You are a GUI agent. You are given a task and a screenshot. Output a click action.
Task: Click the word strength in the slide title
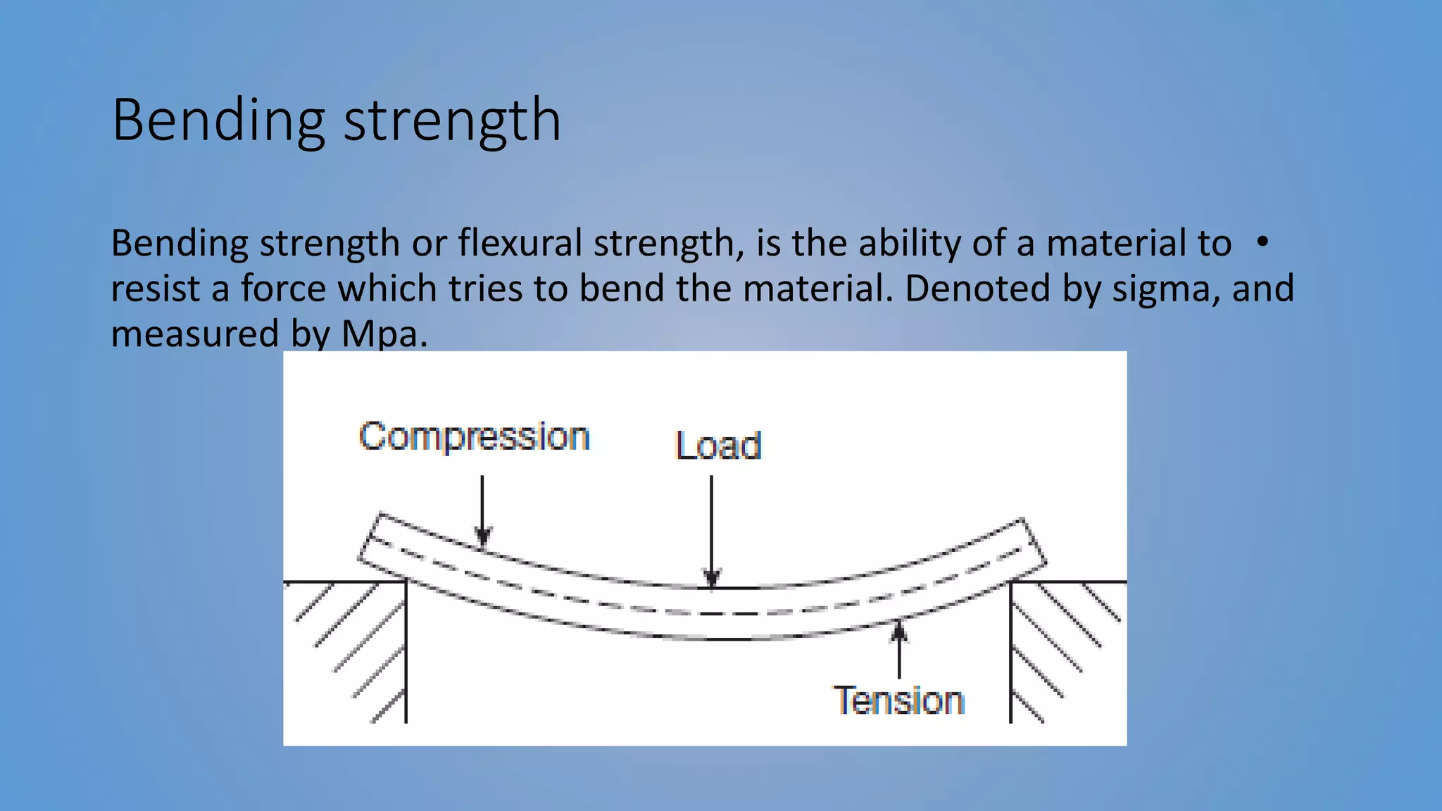click(452, 121)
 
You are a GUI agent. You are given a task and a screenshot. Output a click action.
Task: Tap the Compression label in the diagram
click(474, 436)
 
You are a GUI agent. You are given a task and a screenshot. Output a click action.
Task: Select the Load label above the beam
click(718, 446)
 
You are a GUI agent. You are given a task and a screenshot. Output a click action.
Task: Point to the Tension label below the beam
click(898, 700)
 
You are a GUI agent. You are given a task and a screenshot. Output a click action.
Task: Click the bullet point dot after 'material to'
click(1262, 242)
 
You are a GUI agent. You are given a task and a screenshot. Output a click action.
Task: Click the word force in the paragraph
click(282, 289)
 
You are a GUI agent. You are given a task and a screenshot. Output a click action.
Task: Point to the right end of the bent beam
click(1032, 543)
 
